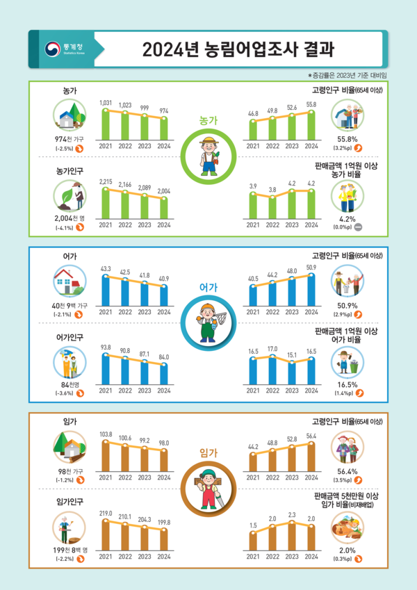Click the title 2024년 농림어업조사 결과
pyautogui.click(x=238, y=50)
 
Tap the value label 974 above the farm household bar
pyautogui.click(x=163, y=110)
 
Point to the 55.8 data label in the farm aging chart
pyautogui.click(x=311, y=104)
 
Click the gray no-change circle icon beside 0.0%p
pyautogui.click(x=357, y=227)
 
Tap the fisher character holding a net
pyautogui.click(x=208, y=324)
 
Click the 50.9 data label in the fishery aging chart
pyautogui.click(x=311, y=267)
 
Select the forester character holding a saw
pyautogui.click(x=208, y=491)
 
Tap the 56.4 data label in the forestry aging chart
pyautogui.click(x=311, y=436)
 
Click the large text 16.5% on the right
pyautogui.click(x=347, y=384)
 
